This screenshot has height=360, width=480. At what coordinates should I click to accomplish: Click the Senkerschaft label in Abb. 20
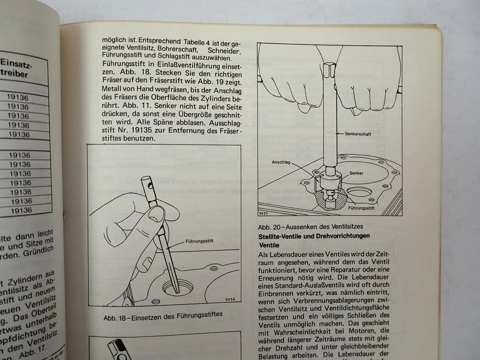359,134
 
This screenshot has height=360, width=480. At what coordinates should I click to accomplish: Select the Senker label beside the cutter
356,173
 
